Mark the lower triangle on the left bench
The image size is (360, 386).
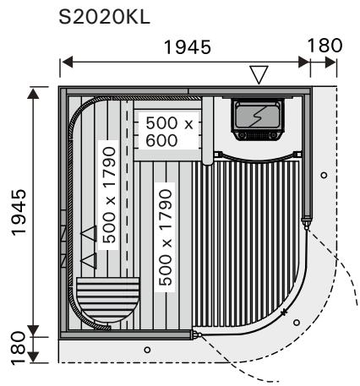coord(89,259)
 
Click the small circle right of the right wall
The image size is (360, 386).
coord(324,175)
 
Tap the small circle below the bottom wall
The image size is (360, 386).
coord(147,349)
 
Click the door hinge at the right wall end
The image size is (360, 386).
coord(305,220)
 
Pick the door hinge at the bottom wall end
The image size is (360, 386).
coord(197,334)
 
